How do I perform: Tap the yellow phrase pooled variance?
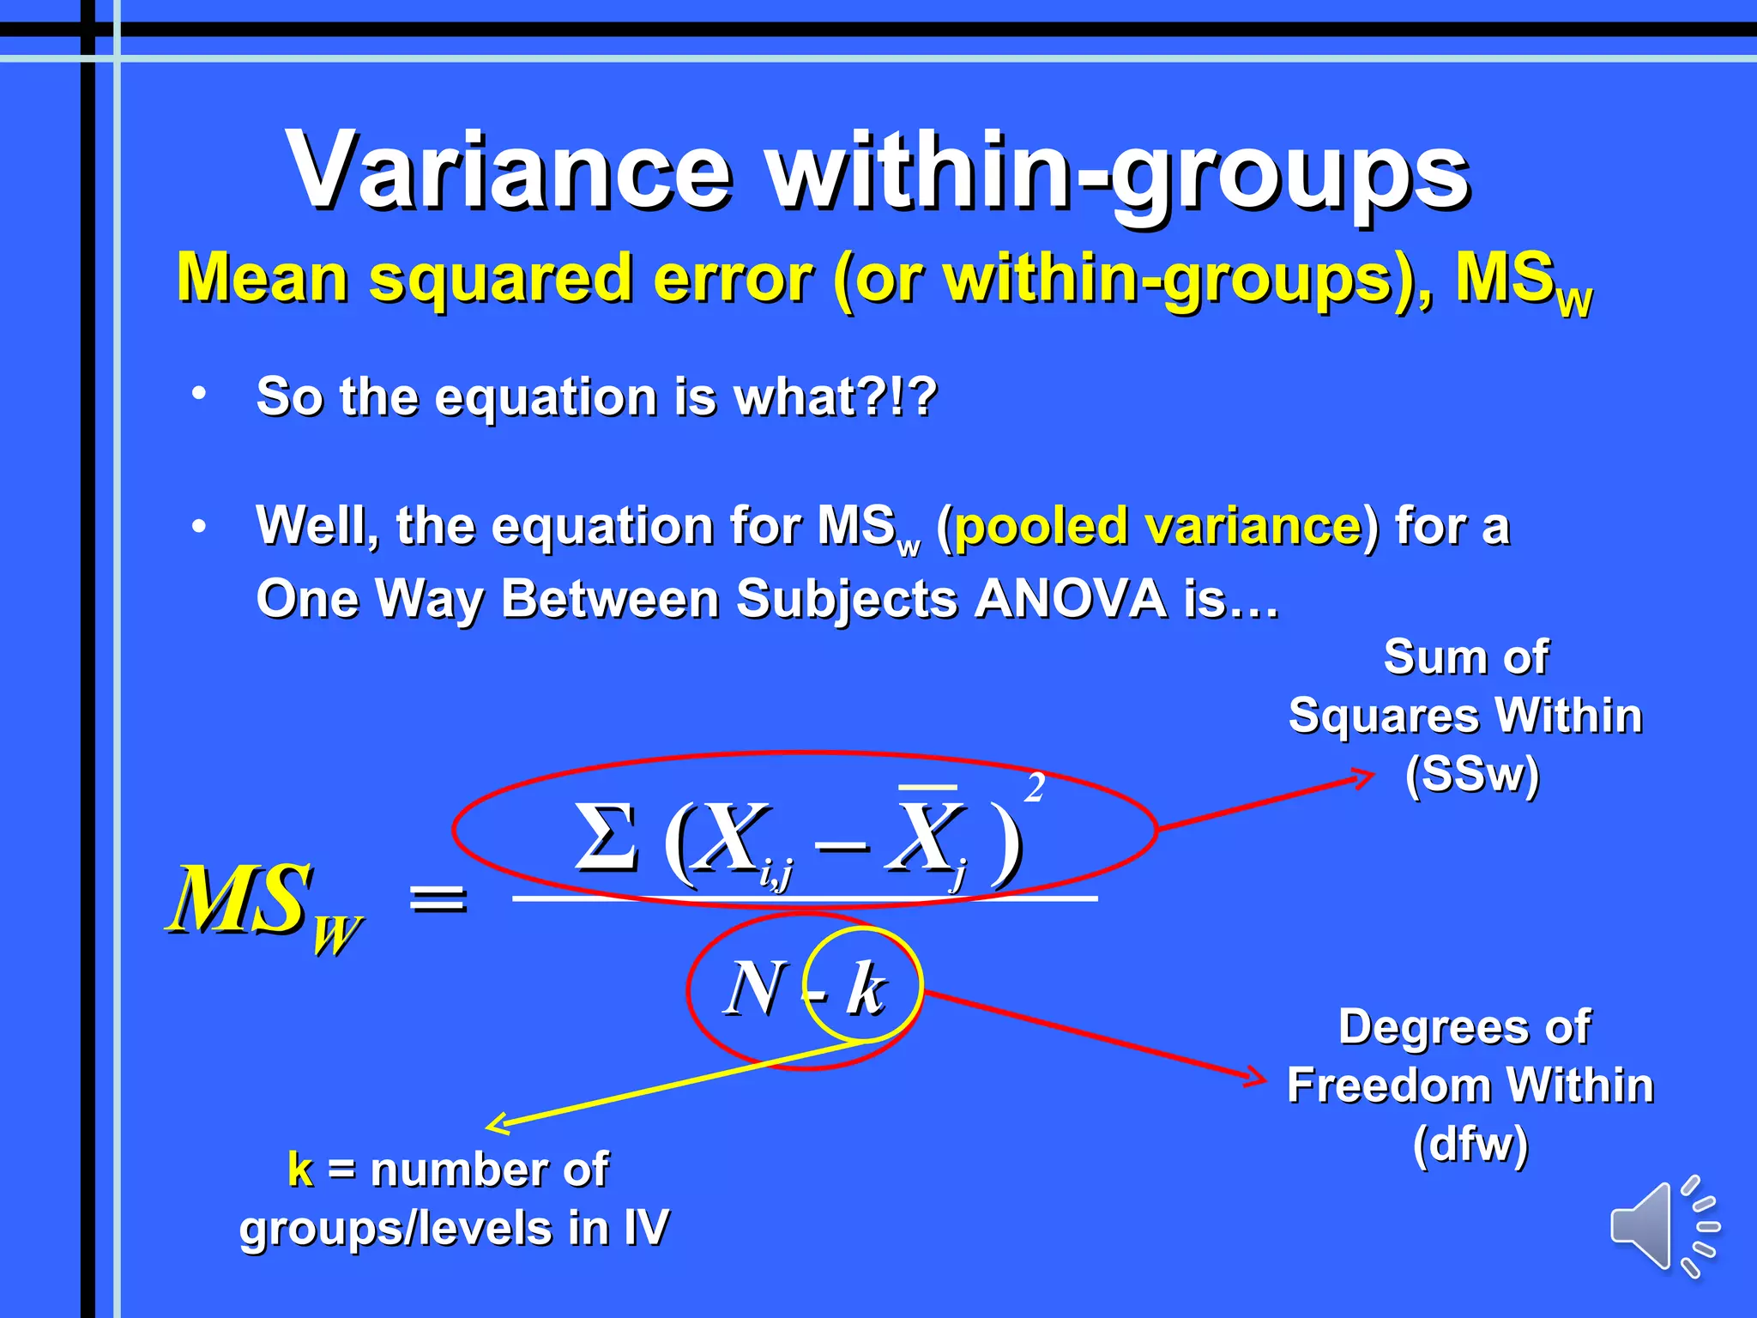tap(1157, 525)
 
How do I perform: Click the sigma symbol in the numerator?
tap(607, 837)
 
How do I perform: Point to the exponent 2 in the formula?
tap(1035, 788)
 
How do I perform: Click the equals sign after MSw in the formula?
tap(438, 898)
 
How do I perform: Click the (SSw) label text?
tap(1472, 774)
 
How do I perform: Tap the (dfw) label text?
tap(1470, 1144)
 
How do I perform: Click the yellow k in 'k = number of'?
tap(300, 1169)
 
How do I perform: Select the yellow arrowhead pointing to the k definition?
tap(496, 1123)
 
